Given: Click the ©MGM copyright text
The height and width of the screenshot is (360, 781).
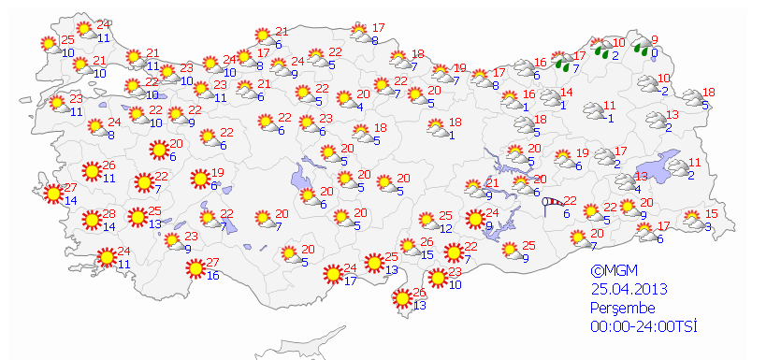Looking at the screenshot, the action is coord(614,270).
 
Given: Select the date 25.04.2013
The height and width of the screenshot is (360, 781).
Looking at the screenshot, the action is coord(627,289).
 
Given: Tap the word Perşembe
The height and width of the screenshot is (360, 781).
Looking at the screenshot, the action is coord(622,308).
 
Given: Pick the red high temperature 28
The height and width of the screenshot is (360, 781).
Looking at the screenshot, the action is coord(108,214).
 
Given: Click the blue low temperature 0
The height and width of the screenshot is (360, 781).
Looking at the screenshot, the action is coord(656,54).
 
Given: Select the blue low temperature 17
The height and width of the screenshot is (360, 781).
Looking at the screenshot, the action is coord(350,279).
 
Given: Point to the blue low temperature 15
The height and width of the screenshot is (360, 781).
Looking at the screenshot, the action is coord(427,254).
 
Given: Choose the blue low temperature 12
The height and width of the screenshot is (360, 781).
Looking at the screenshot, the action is coord(446,228).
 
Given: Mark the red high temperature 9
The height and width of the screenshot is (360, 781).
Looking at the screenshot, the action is coord(655,40).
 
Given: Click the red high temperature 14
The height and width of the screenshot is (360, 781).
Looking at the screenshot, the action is coord(566,92).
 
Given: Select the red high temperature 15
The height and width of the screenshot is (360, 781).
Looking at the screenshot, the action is coord(711,214).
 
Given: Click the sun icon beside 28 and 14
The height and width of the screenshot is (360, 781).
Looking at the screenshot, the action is coord(91,221).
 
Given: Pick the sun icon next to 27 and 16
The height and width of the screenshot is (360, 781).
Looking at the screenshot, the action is coord(195,269).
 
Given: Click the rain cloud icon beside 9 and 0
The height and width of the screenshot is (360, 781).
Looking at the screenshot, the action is coord(641,48).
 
